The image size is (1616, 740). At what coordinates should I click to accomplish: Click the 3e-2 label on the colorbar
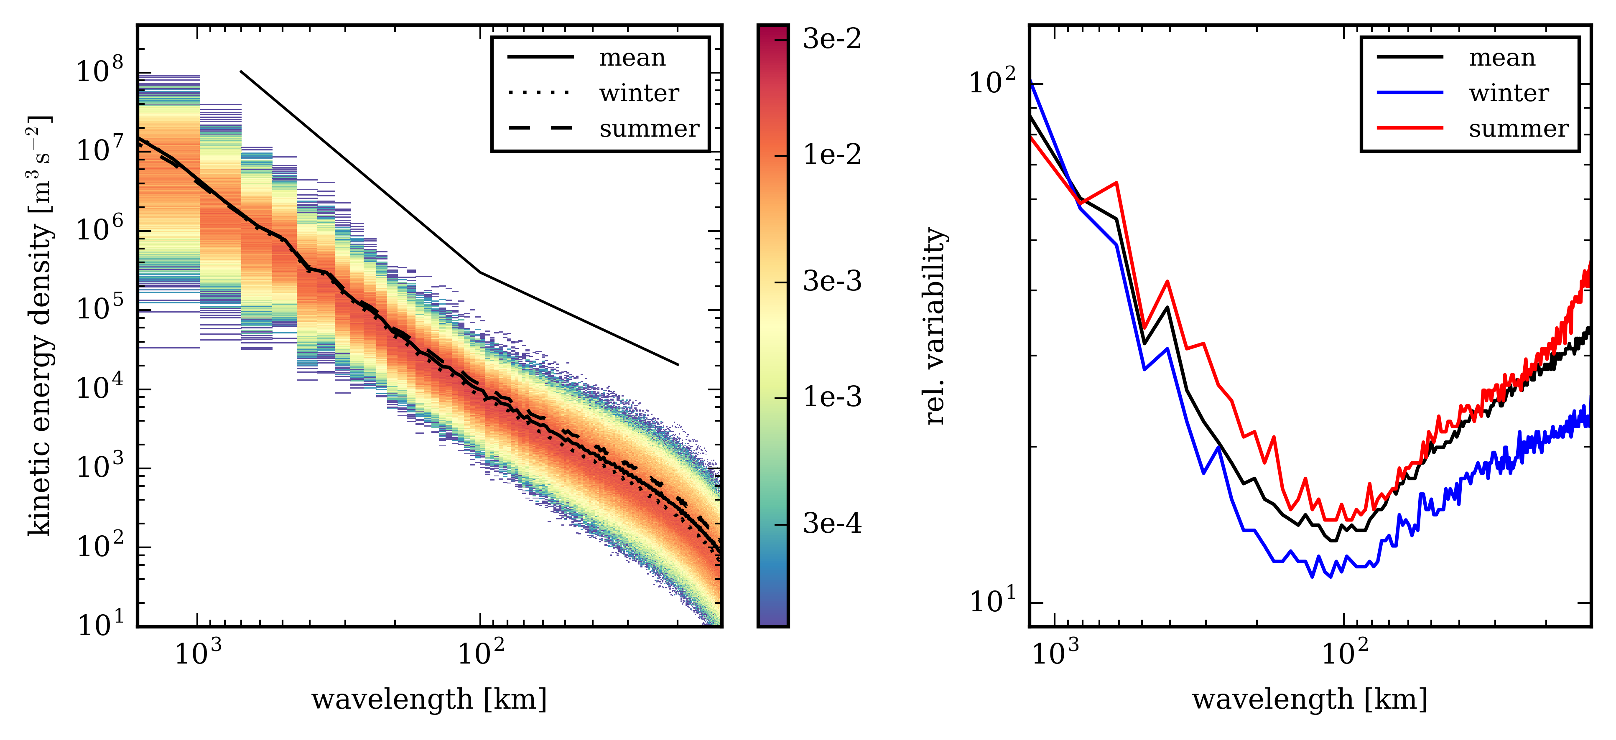pyautogui.click(x=832, y=40)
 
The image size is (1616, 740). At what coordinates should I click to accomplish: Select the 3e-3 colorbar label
pyautogui.click(x=832, y=282)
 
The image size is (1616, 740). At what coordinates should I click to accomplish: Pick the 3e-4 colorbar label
pyautogui.click(x=832, y=524)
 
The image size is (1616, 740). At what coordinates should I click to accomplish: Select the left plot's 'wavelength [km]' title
pyautogui.click(x=429, y=699)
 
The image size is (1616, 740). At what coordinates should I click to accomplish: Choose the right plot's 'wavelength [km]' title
pyautogui.click(x=1310, y=699)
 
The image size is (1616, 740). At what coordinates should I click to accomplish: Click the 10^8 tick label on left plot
pyautogui.click(x=99, y=70)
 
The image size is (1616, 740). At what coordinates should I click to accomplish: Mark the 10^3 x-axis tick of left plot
pyautogui.click(x=197, y=654)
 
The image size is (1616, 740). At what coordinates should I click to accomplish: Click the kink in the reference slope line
pyautogui.click(x=480, y=272)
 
